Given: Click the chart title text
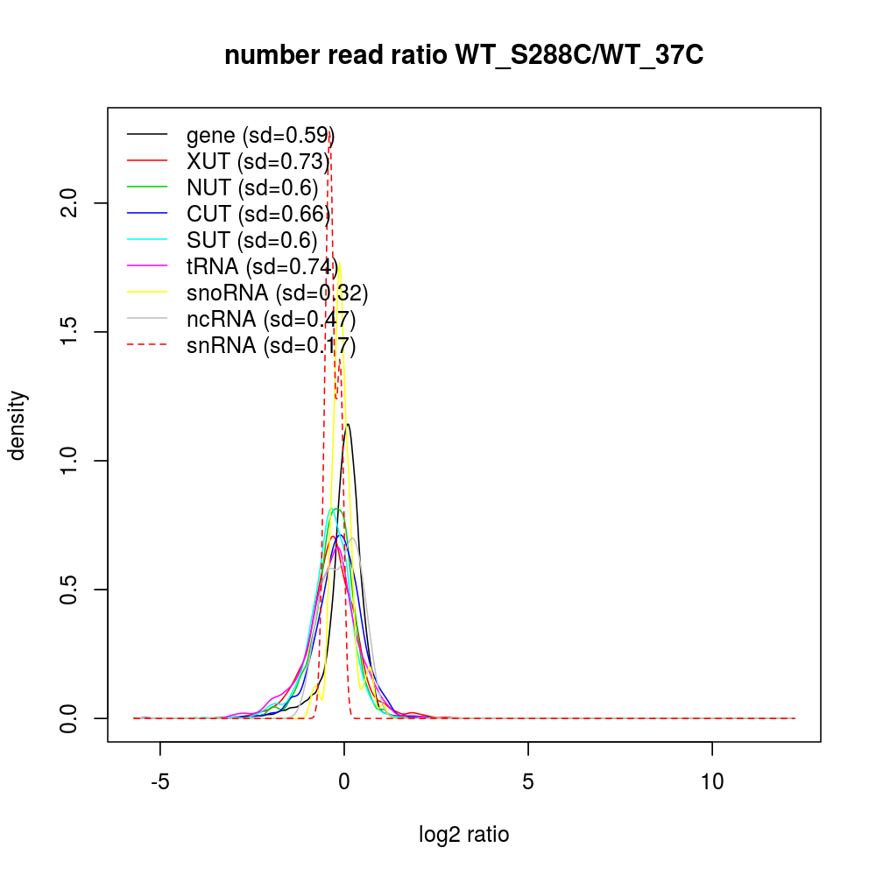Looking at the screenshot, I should tap(464, 56).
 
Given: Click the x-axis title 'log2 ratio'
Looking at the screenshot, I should tap(464, 835).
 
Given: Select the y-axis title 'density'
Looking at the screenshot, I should tap(18, 425).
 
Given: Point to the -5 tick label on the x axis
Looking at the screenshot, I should tap(159, 781).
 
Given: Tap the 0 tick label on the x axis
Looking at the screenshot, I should tap(344, 781).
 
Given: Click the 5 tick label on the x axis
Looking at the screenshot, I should tap(528, 781).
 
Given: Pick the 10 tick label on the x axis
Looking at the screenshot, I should tap(712, 781).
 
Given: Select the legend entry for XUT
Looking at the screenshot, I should tap(258, 162).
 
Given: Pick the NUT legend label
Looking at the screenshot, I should tap(252, 188).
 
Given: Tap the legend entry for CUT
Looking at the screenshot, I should tap(258, 215).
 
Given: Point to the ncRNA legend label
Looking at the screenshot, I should tap(271, 320).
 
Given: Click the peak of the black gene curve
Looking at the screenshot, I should tap(349, 425).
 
